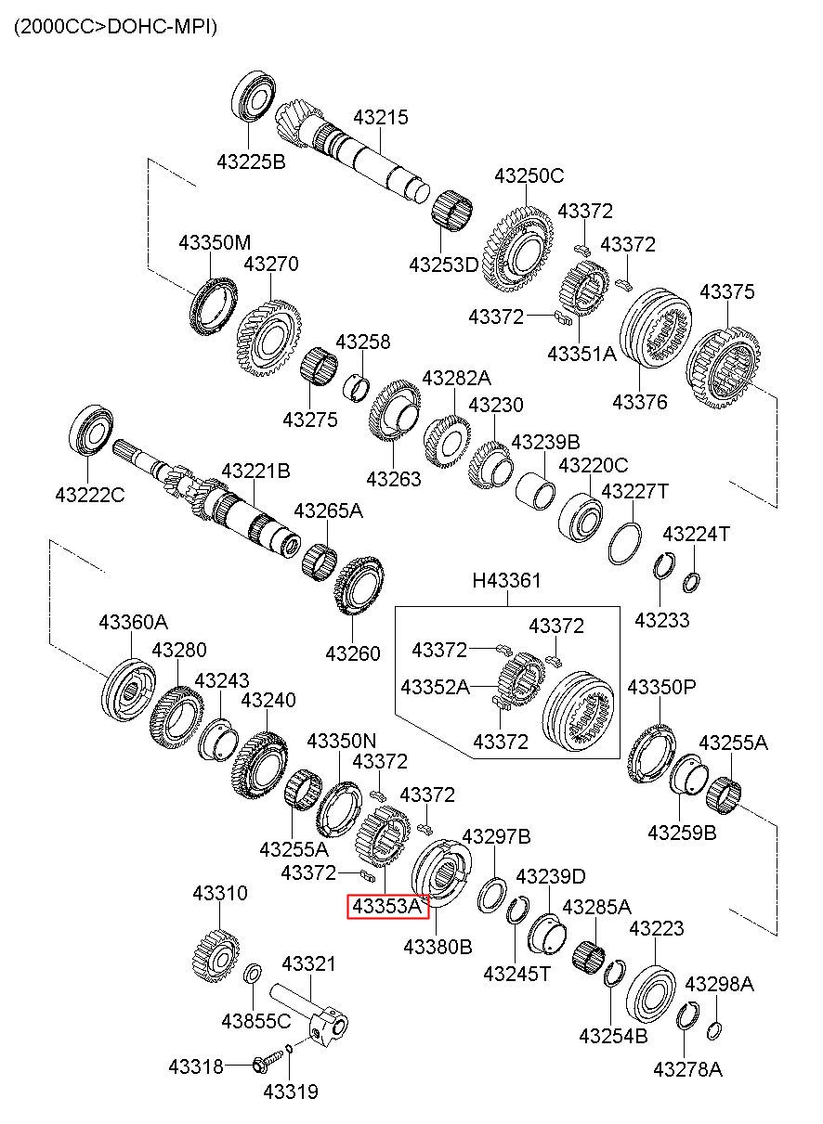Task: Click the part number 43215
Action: tap(381, 118)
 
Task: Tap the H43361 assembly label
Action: tap(506, 581)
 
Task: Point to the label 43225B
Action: tap(251, 161)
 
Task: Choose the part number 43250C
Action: tap(529, 175)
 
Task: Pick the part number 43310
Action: tap(220, 893)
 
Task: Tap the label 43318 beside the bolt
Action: tap(196, 1066)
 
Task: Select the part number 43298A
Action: tap(719, 984)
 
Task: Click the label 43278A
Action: tap(687, 1068)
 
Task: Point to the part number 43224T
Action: tap(696, 534)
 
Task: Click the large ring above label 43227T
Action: tap(625, 543)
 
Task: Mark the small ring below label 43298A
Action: tap(713, 1029)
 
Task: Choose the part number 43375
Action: tap(727, 291)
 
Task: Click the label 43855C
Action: tap(255, 1021)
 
